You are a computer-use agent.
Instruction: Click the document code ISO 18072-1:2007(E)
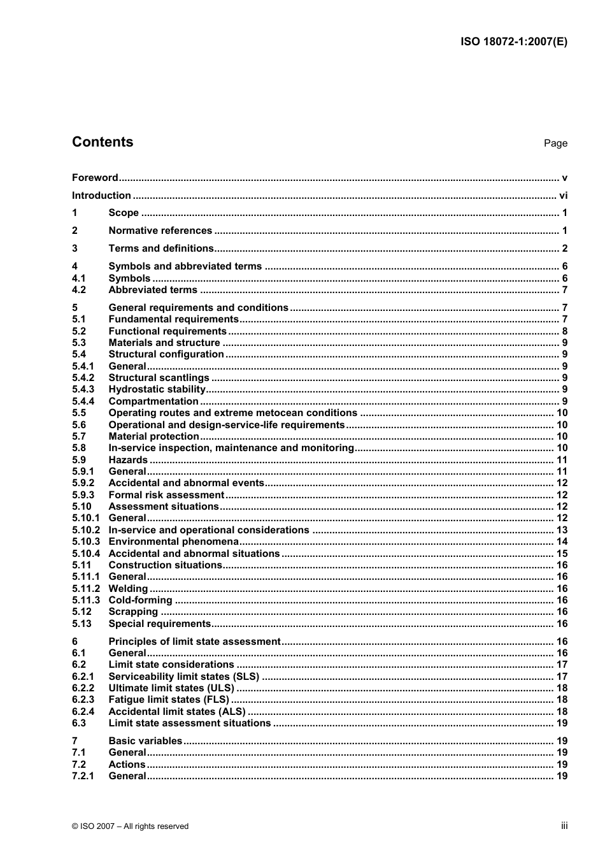[513, 42]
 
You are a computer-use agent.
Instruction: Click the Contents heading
[103, 142]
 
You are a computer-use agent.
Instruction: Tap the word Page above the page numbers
[555, 143]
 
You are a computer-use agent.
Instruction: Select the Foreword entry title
[95, 178]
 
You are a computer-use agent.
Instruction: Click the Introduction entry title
[101, 196]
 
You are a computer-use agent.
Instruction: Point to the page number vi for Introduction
[563, 196]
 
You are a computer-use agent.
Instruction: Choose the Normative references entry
[160, 231]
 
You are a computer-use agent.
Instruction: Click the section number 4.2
[79, 290]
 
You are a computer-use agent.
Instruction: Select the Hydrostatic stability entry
[157, 389]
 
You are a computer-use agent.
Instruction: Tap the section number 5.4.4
[83, 401]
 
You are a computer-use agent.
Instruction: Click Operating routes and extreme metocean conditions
[232, 413]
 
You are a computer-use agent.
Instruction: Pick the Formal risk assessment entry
[166, 495]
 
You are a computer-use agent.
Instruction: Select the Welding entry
[128, 589]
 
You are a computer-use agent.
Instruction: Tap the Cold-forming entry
[140, 600]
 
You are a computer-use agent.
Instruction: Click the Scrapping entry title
[132, 612]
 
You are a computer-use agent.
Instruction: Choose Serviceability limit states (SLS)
[183, 677]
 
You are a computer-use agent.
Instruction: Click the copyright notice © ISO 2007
[130, 826]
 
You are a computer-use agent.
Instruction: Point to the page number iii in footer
[564, 826]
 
